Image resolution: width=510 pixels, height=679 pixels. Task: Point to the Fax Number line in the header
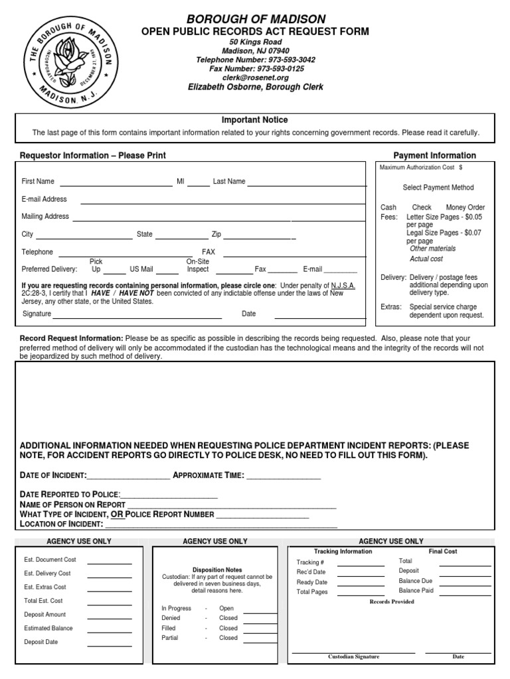tap(256, 68)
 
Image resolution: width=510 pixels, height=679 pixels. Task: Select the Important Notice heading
tap(255, 120)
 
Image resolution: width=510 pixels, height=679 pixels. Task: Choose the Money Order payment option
tap(465, 208)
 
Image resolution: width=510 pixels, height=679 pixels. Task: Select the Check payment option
tap(422, 208)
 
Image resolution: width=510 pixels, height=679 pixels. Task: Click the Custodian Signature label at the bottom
tap(354, 656)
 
